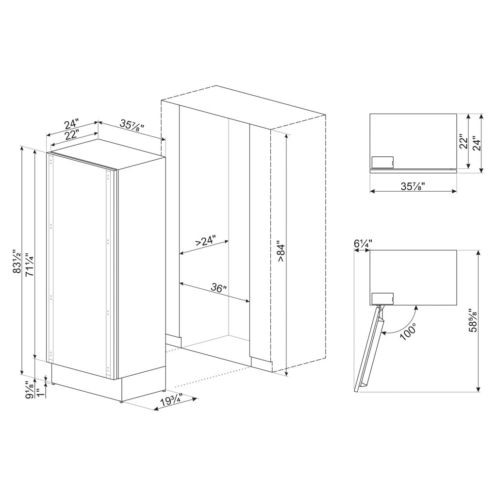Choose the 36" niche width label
click(x=219, y=288)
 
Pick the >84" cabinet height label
click(x=282, y=251)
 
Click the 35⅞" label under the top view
click(x=413, y=186)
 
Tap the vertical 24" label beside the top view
click(x=477, y=144)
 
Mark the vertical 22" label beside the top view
click(x=463, y=142)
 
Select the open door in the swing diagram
click(x=369, y=348)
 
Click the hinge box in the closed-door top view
click(x=382, y=162)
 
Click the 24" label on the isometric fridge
click(x=72, y=124)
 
